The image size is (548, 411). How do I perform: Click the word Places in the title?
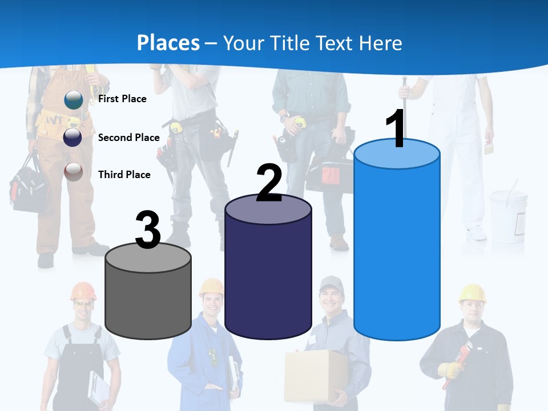(168, 43)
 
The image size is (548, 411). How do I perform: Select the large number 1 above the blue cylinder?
(396, 129)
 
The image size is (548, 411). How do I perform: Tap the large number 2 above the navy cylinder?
(269, 183)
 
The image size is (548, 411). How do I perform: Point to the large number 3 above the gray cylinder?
(148, 230)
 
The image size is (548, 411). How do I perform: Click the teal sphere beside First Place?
(73, 100)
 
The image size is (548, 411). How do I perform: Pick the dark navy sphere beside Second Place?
(73, 137)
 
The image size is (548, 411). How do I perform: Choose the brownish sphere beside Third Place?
(73, 172)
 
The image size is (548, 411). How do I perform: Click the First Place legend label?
(122, 99)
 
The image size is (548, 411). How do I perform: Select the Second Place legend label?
(128, 138)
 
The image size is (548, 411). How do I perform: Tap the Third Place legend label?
(124, 175)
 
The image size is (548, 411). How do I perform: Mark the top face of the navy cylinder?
(268, 210)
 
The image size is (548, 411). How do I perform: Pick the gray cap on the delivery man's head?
(331, 283)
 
